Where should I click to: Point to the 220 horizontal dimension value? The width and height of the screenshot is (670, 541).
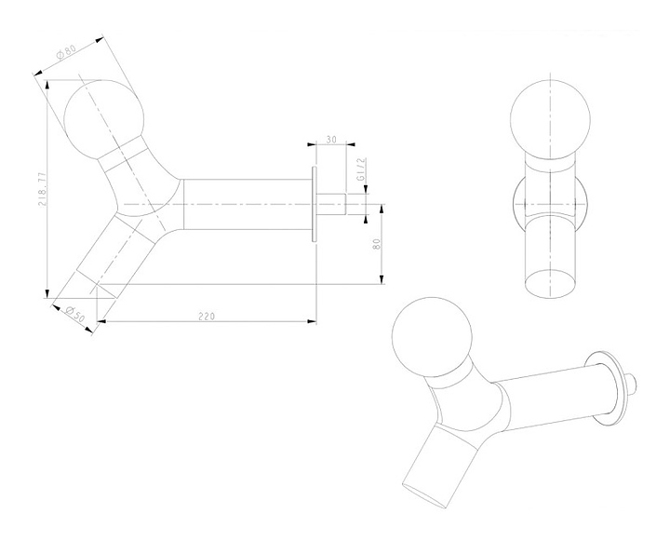pos(207,316)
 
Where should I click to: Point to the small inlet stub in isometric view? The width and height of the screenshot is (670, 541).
pos(632,382)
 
